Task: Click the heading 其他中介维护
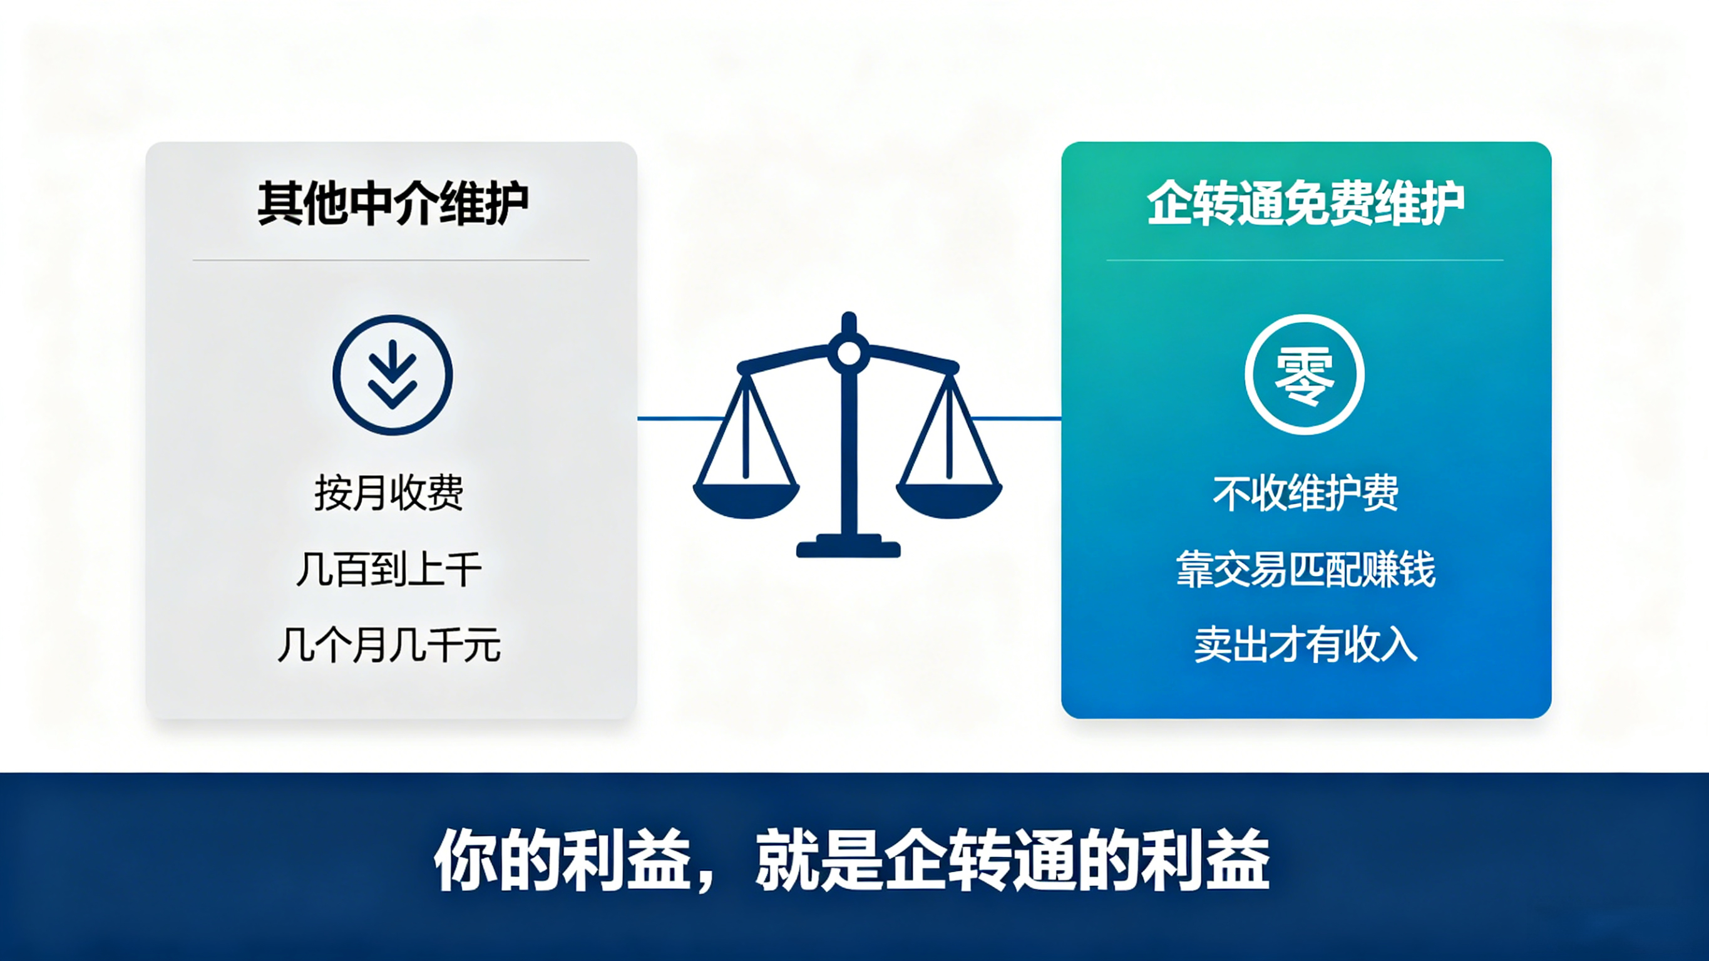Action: [393, 203]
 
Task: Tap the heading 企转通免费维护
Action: [1306, 203]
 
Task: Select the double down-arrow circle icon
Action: [393, 375]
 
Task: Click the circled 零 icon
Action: [1305, 375]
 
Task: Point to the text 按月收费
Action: [389, 493]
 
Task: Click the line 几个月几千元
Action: [389, 645]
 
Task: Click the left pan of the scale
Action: [746, 499]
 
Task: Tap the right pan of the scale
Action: [948, 499]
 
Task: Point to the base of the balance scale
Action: [848, 546]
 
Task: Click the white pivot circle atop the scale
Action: [848, 353]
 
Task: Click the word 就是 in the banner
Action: [819, 861]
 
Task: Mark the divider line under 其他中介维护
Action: [391, 260]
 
